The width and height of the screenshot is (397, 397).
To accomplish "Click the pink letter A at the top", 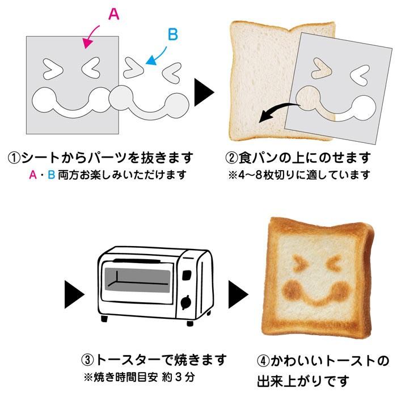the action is [x=113, y=14].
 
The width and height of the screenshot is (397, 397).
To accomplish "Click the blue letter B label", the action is [x=173, y=35].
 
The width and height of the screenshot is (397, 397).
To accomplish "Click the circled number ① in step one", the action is [x=14, y=158].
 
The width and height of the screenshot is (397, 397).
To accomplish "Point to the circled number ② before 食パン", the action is [x=231, y=158].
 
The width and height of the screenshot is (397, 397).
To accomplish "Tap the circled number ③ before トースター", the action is [x=87, y=360].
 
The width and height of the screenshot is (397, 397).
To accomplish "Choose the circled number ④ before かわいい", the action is [x=263, y=360].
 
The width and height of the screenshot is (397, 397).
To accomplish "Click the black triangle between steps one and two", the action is [x=204, y=92].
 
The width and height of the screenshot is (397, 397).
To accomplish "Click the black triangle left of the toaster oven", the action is [x=74, y=294].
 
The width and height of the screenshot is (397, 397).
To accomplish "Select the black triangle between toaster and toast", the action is [x=238, y=294].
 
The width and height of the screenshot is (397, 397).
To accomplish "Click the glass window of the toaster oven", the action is [x=137, y=280].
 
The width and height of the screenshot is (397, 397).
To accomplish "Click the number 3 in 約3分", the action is [x=179, y=377].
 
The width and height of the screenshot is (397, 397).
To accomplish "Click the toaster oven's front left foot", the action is [x=104, y=319].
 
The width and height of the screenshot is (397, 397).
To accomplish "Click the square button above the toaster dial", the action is [x=187, y=275].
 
